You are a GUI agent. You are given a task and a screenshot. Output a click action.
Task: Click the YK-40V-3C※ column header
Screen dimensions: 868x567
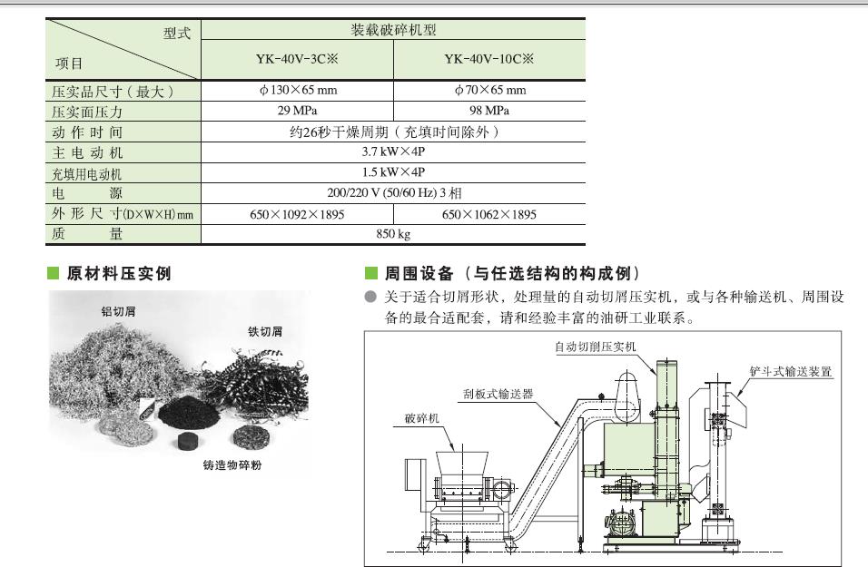[x=297, y=59]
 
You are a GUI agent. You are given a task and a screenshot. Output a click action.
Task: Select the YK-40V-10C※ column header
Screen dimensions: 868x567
[x=488, y=59]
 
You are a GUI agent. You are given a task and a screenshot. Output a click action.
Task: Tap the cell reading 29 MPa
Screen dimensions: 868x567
[x=297, y=111]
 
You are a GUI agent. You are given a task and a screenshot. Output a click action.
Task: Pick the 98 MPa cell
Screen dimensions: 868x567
[x=489, y=111]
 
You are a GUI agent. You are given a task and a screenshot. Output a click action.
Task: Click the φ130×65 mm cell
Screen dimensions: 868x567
[x=298, y=90]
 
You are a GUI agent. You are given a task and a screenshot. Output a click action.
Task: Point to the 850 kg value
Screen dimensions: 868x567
[x=393, y=234]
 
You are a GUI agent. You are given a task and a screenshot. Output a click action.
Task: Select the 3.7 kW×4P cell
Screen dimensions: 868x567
[x=393, y=152]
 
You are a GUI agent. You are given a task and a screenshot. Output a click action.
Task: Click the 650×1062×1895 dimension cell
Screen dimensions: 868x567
[x=489, y=214]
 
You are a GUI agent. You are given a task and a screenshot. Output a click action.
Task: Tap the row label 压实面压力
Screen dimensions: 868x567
[x=87, y=112]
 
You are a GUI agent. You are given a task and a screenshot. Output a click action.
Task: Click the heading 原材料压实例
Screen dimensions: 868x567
[x=119, y=273]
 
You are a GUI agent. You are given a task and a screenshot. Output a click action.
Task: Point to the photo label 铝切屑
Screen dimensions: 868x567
[x=118, y=311]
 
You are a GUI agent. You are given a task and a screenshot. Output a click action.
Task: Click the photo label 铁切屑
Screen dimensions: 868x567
[x=265, y=331]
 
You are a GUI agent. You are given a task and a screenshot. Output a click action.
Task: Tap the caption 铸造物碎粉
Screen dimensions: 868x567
[x=232, y=464]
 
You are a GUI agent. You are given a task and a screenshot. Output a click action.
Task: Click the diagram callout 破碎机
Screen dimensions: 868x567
[x=422, y=418]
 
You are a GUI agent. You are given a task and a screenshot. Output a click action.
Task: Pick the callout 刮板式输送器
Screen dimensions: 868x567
[x=498, y=394]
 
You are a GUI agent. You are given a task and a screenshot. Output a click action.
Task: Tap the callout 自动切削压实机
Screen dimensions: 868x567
[x=596, y=347]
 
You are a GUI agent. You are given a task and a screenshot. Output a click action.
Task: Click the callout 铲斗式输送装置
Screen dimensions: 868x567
[x=791, y=371]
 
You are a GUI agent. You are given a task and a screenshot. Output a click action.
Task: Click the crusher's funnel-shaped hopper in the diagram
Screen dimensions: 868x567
[x=461, y=463]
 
